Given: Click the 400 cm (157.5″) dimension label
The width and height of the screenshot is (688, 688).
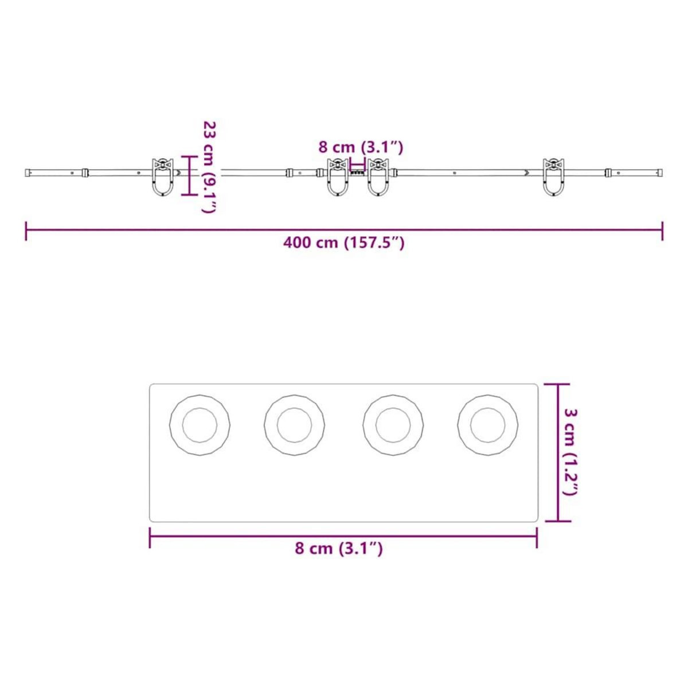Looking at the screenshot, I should click(x=344, y=243).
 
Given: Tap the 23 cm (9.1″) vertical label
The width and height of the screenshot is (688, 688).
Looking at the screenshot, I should click(x=210, y=167).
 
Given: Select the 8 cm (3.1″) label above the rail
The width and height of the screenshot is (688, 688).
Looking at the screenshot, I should click(x=361, y=147).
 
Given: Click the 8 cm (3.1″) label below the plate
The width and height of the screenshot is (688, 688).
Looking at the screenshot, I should click(x=339, y=549).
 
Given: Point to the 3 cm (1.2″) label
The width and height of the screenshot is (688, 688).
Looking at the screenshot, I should click(x=570, y=452).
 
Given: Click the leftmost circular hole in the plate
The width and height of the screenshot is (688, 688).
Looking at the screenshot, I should click(x=200, y=425).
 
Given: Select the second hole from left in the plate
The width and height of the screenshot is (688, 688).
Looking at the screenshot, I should click(x=295, y=425).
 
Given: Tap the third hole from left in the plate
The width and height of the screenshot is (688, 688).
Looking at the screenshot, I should click(x=393, y=425).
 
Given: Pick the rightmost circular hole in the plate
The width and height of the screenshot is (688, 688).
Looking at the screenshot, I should click(x=488, y=425).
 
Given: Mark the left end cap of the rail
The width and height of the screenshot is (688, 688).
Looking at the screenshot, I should click(x=28, y=172).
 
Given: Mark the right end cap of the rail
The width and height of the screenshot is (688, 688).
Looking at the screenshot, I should click(x=660, y=172).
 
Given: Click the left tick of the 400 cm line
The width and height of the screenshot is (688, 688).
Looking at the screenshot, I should click(x=26, y=230).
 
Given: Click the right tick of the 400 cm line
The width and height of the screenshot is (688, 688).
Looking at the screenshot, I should click(x=663, y=230).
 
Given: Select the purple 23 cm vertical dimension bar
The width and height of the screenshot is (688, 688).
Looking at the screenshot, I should click(x=190, y=175).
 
